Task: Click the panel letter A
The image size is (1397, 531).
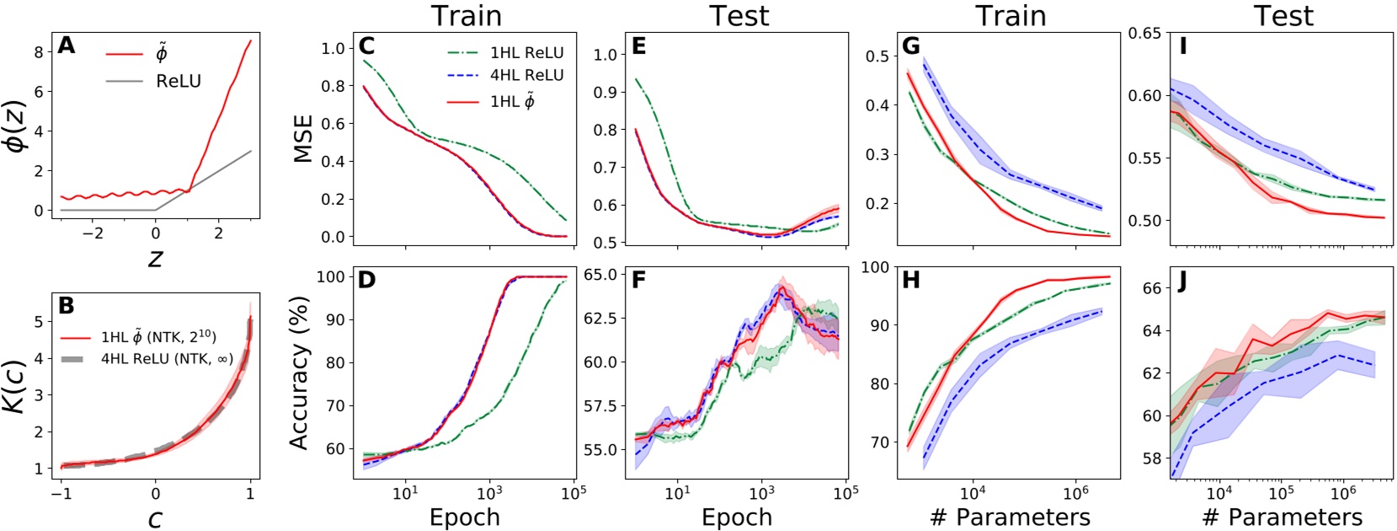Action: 67,45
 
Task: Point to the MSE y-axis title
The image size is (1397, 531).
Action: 302,139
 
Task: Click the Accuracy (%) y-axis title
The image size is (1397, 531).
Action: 301,372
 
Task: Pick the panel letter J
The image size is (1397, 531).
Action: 1183,282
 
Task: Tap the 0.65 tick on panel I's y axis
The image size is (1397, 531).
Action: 1144,33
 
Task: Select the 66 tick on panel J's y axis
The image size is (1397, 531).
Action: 1152,288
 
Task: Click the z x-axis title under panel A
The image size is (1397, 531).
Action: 155,257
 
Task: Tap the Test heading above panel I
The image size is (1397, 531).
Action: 1282,15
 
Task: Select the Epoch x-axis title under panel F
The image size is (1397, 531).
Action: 737,517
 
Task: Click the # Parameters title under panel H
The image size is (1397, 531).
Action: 1010,517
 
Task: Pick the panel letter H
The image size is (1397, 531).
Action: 911,281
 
